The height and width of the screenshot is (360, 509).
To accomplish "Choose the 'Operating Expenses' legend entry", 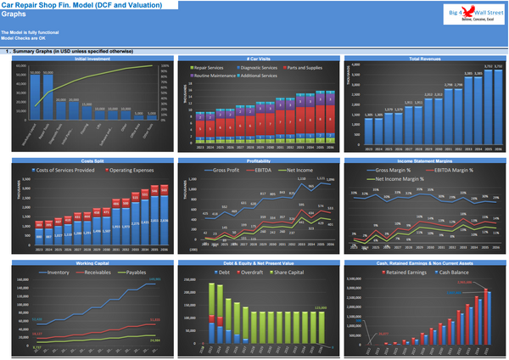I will [131, 170].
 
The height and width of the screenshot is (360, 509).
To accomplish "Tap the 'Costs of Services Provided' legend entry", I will [66, 170].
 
